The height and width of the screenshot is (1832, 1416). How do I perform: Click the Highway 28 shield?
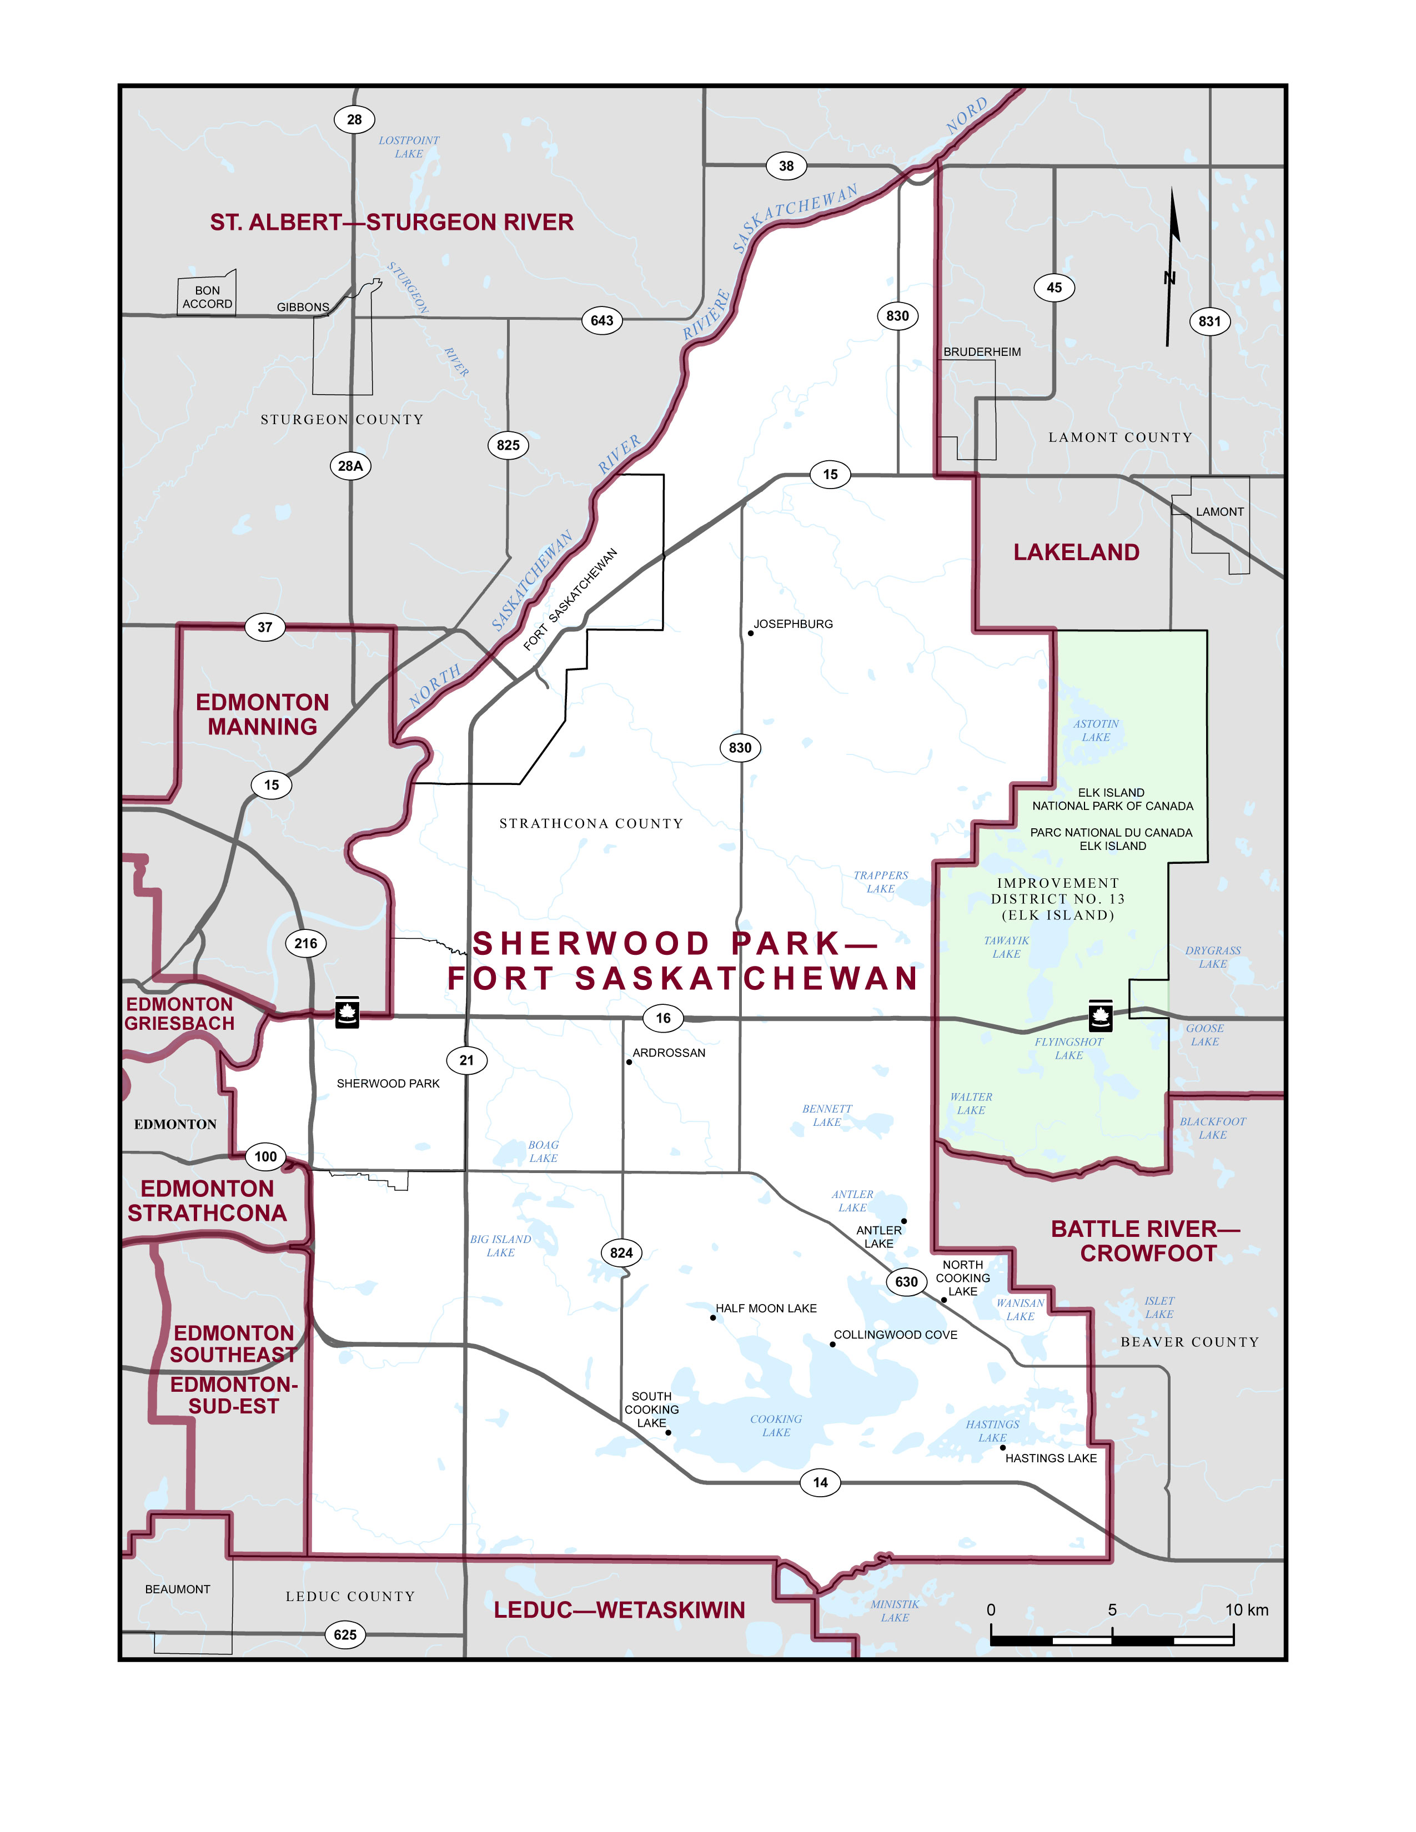(354, 119)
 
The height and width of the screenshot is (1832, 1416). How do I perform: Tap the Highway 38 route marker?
(786, 166)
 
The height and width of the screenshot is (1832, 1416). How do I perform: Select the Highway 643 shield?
(601, 320)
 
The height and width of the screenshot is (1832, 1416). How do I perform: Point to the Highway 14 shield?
(820, 1482)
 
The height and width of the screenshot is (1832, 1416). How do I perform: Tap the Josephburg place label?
(793, 624)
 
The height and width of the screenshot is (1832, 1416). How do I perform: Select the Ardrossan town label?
(669, 1053)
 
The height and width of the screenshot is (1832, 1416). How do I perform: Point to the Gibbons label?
(303, 307)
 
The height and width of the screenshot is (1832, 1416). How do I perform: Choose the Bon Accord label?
(207, 297)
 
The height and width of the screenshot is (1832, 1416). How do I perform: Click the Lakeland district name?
(1076, 552)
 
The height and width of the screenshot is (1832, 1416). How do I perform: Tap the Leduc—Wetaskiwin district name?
(619, 1610)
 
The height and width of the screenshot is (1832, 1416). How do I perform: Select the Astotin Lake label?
(1096, 730)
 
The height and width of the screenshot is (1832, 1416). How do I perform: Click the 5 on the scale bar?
(1112, 1610)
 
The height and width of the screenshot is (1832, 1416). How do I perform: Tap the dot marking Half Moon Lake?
(713, 1318)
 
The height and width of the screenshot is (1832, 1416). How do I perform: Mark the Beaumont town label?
(178, 1589)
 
